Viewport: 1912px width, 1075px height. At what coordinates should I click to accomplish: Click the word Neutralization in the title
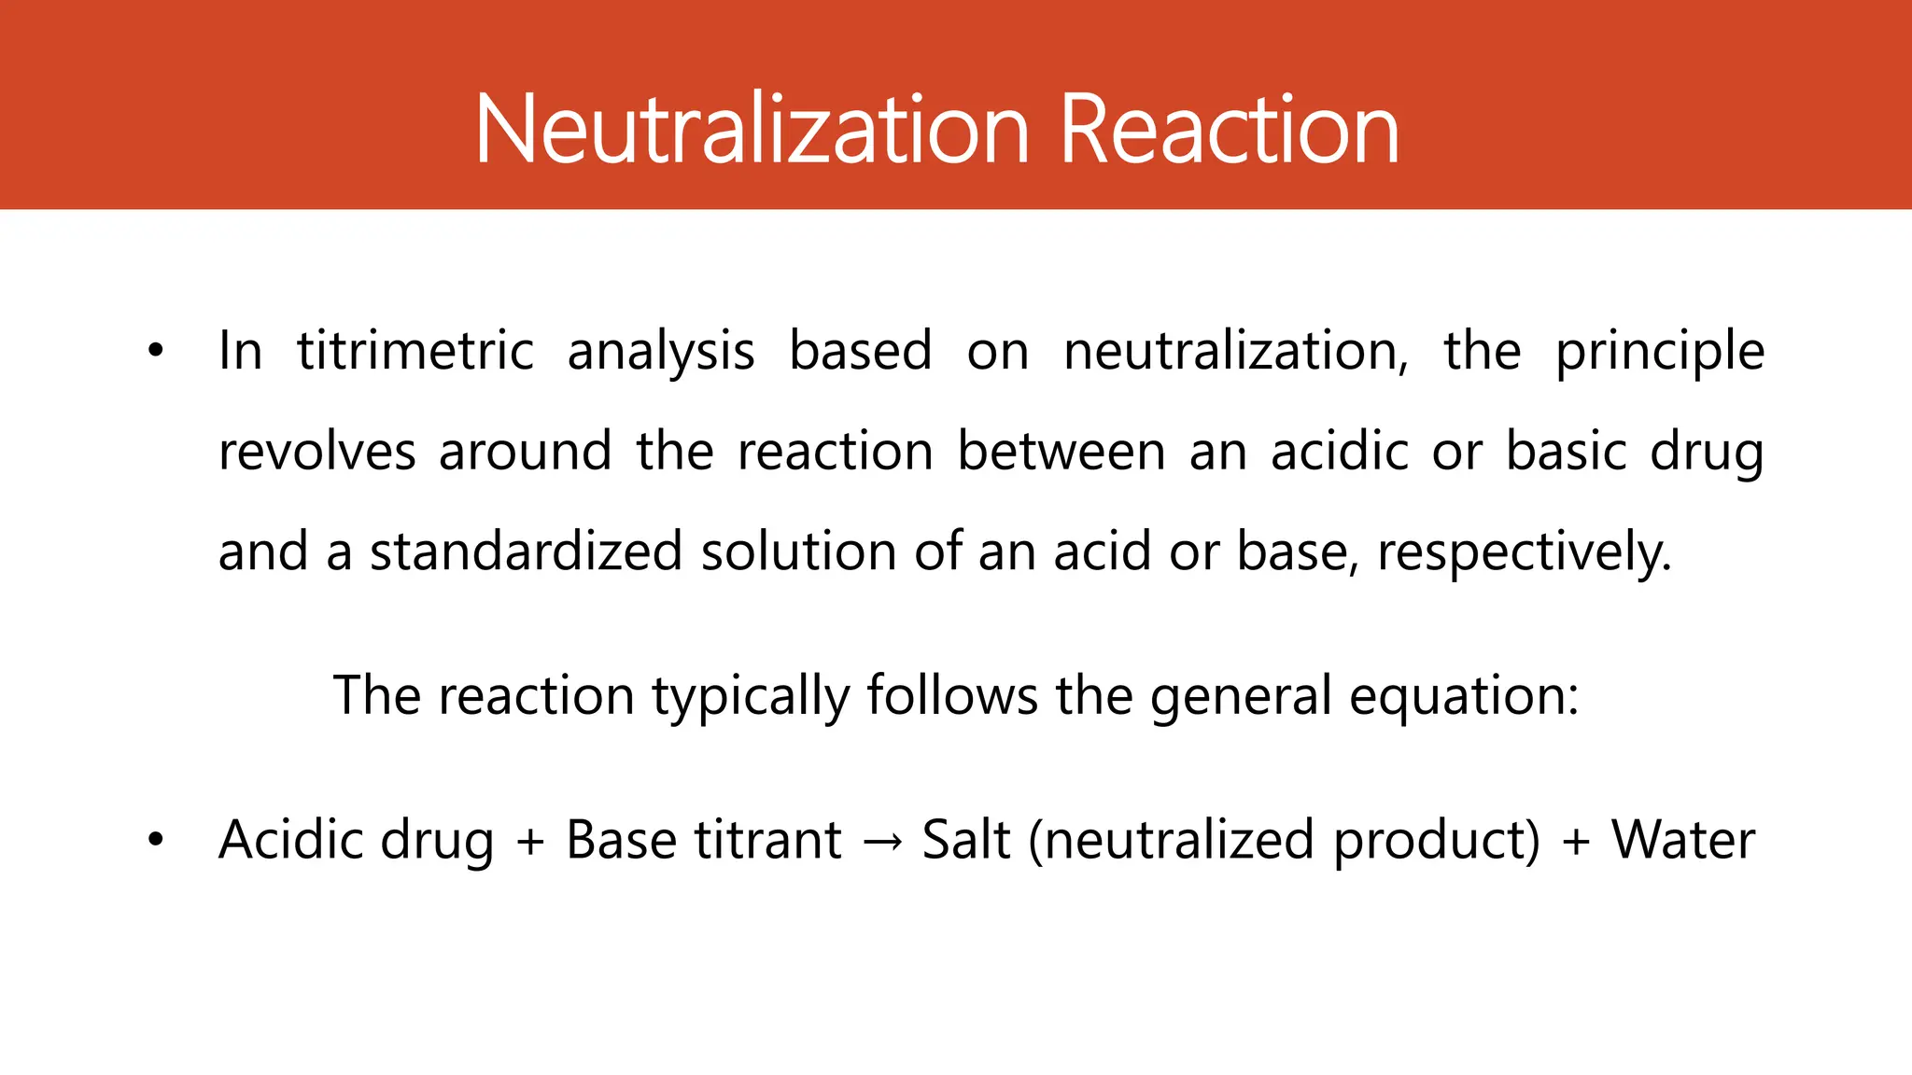point(752,130)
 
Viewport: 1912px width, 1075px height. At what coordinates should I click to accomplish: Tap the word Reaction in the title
point(1230,130)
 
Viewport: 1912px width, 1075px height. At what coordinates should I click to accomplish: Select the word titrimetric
point(415,352)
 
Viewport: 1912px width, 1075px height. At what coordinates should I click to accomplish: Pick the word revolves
point(316,452)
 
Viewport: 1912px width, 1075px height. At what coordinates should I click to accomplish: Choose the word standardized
point(527,551)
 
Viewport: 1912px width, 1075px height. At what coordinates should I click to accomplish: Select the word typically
point(750,697)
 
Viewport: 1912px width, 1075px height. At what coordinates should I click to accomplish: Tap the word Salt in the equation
point(966,840)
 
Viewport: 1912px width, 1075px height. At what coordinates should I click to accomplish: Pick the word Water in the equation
point(1683,840)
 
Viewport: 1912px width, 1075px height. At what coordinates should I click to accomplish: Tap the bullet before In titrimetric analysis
point(155,352)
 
